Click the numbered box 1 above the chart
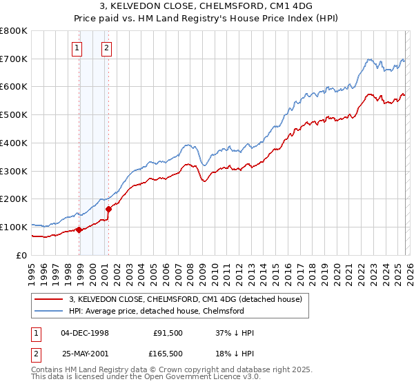coord(76,48)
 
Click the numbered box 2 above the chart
coord(107,48)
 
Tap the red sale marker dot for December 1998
coord(79,230)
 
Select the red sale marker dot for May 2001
coord(109,209)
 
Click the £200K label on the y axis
coord(14,199)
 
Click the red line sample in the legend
coord(48,299)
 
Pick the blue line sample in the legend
coord(48,311)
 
